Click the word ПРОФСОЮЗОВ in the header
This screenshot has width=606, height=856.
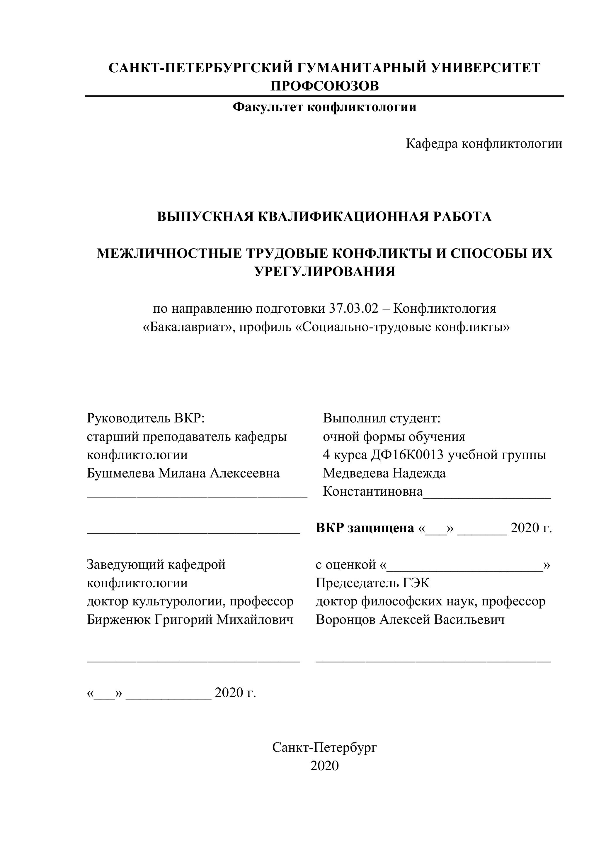point(324,86)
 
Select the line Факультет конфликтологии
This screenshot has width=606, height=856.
point(324,107)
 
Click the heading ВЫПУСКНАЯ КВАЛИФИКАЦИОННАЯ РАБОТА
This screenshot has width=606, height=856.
point(324,217)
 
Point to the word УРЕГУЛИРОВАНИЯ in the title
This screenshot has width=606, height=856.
point(324,271)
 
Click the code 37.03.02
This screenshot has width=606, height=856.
point(353,309)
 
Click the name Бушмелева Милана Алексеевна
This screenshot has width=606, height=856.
point(183,473)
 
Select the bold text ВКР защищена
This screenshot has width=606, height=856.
point(365,528)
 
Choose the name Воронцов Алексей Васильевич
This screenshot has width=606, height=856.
point(410,619)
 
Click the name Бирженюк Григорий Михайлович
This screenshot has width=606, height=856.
point(190,619)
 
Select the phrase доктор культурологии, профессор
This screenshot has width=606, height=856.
point(190,601)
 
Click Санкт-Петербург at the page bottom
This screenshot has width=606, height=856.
point(324,747)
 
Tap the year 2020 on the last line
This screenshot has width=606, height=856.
point(324,766)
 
